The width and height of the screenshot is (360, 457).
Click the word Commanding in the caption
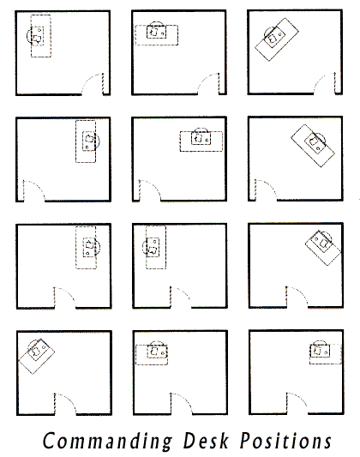[x=107, y=441]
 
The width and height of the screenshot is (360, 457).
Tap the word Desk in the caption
[x=206, y=440]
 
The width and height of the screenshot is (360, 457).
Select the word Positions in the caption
[x=285, y=440]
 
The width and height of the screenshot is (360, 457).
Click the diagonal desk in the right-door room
[x=277, y=39]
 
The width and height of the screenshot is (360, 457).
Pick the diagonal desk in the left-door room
[x=313, y=146]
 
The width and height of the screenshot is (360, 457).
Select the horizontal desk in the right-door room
[x=157, y=35]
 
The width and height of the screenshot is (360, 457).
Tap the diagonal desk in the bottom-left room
[x=36, y=356]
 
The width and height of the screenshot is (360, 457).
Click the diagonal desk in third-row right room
[x=323, y=248]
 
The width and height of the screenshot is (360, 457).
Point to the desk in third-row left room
[x=86, y=248]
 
